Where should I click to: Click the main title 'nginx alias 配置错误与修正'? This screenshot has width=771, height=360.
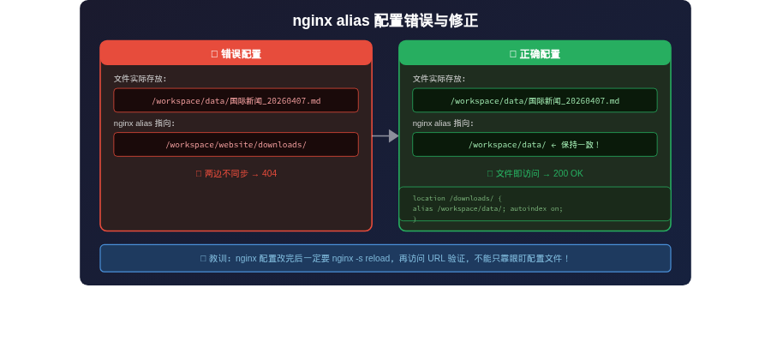[385, 21]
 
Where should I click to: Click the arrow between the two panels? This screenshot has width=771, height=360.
[385, 135]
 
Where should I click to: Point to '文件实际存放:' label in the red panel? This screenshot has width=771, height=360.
[140, 79]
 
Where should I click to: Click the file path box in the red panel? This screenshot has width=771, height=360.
[236, 100]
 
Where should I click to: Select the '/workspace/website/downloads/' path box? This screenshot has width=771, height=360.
[236, 145]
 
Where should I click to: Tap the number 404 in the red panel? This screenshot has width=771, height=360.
[269, 173]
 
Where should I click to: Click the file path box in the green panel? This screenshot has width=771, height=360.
[535, 100]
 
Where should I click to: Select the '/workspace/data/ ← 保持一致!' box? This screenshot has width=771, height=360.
[535, 145]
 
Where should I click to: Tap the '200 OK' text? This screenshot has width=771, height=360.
[568, 173]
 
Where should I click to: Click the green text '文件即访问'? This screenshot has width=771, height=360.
[517, 173]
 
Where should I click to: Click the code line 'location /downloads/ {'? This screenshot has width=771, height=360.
[457, 198]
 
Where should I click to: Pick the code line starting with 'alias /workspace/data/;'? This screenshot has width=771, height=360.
[487, 208]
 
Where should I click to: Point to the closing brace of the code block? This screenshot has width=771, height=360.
[415, 219]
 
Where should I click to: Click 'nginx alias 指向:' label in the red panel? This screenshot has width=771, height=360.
[144, 123]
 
